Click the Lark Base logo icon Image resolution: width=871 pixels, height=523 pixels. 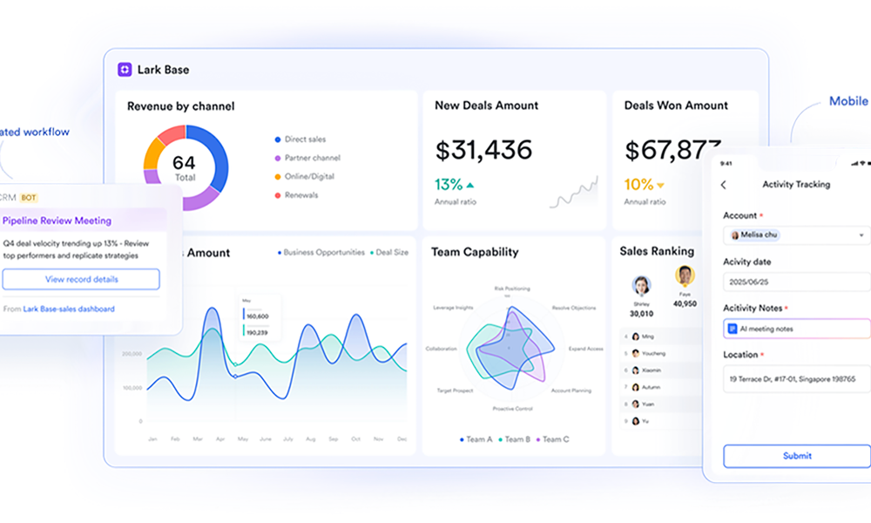click(x=125, y=70)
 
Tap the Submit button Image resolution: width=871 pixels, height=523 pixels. click(x=796, y=456)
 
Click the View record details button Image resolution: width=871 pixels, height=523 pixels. click(x=81, y=279)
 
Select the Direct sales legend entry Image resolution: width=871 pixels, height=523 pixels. click(x=305, y=139)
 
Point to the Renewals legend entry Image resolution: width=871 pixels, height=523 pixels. click(x=300, y=195)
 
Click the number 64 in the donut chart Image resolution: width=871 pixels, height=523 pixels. click(x=184, y=162)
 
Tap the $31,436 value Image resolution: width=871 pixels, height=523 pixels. click(x=483, y=150)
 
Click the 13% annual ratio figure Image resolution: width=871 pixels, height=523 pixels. click(x=449, y=185)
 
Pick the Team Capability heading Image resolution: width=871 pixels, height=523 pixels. click(x=475, y=253)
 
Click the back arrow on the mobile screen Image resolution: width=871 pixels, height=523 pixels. click(x=724, y=185)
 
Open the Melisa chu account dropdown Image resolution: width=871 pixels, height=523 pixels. click(x=796, y=235)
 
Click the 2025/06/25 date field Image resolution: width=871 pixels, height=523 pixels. click(x=796, y=282)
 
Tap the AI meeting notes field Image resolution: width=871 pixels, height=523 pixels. click(x=796, y=329)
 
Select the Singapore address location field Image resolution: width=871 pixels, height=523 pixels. click(x=796, y=379)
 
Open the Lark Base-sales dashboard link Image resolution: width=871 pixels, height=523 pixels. click(x=69, y=309)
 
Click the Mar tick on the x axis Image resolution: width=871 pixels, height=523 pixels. click(x=198, y=439)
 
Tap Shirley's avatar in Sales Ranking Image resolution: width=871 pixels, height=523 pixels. click(x=642, y=286)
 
